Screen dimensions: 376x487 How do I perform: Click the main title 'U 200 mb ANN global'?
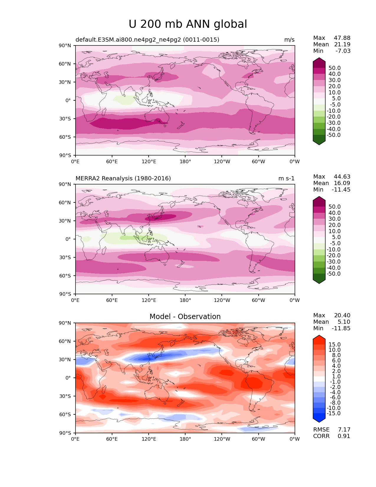188,24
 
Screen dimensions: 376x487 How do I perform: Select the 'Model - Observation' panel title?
185,316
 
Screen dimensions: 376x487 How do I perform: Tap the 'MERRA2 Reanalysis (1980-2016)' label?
123,178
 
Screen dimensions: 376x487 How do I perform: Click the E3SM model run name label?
147,40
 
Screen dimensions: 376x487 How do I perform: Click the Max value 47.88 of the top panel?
342,38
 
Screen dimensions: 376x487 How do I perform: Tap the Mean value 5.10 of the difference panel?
344,322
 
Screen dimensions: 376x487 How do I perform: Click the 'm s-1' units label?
286,178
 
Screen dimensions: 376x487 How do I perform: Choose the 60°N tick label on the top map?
65,64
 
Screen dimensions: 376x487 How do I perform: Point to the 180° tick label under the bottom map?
185,439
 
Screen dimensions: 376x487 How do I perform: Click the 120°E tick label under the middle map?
149,300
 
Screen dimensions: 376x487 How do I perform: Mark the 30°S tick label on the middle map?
65,257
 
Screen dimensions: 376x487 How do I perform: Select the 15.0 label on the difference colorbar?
335,344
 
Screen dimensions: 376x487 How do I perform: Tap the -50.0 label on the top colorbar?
334,135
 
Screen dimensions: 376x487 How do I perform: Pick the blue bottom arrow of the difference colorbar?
319,419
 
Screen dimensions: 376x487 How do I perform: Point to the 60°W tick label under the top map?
258,161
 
